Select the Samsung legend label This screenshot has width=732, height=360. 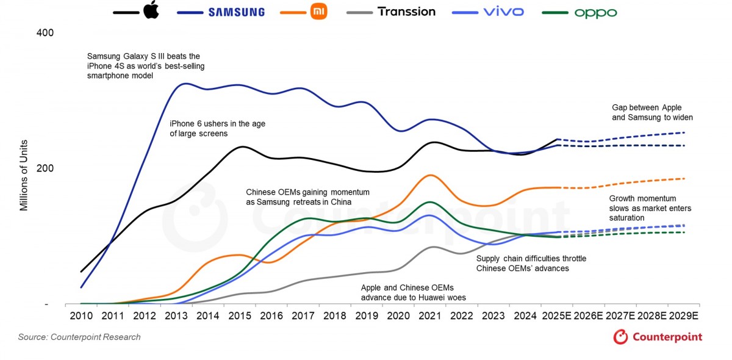coord(236,12)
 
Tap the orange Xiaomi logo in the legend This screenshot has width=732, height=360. coord(318,11)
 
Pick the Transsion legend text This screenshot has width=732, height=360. coord(406,12)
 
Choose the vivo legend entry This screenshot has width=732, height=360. coord(503,12)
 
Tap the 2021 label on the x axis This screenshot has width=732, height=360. coord(431,315)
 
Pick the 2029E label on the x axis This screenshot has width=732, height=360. coord(683,315)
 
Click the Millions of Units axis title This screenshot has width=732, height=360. coord(24,175)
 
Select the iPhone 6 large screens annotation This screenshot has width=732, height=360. coord(217,128)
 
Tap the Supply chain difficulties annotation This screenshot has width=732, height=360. coord(531,263)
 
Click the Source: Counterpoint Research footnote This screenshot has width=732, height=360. coord(79,337)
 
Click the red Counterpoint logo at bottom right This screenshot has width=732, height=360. coord(658,337)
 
